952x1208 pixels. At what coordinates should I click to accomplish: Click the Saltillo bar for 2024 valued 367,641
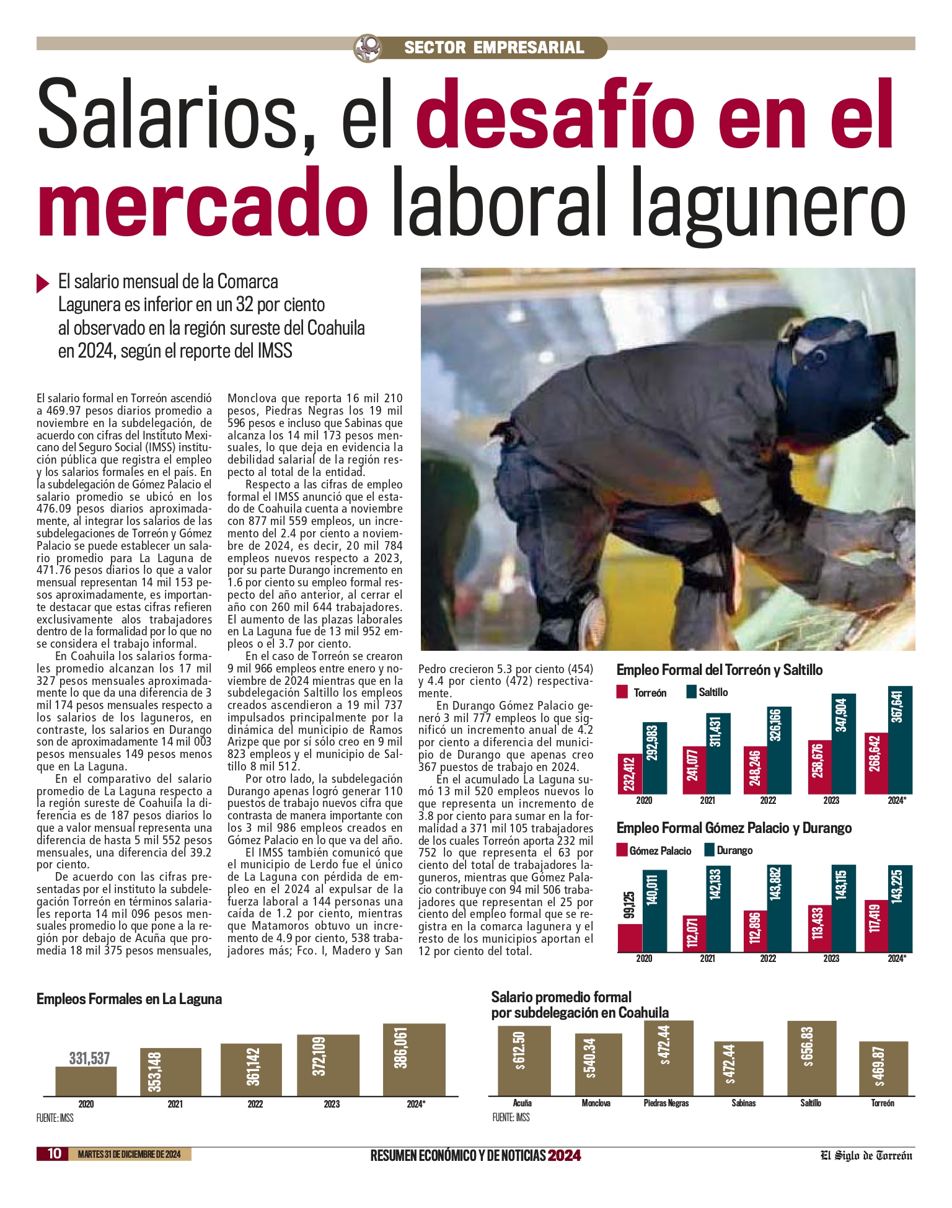coord(901,740)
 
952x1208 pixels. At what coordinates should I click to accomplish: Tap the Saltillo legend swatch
coord(691,692)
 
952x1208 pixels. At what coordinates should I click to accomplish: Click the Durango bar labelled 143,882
coord(778,908)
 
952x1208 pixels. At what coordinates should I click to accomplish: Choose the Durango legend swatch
coord(710,850)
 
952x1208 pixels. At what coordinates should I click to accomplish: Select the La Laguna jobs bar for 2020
coord(86,1081)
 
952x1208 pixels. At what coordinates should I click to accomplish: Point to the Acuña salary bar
coord(524,1060)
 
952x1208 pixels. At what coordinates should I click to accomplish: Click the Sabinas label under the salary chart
coord(743,1103)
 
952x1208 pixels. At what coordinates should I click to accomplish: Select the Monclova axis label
coord(596,1103)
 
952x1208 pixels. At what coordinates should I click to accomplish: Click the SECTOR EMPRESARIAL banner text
coord(494,48)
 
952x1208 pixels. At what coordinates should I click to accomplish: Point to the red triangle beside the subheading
coord(43,283)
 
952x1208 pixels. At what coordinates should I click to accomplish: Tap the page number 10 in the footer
coord(55,1153)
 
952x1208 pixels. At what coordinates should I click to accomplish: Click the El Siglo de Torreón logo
coord(866,1155)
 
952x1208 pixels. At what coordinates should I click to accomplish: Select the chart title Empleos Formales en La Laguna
coord(129,999)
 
